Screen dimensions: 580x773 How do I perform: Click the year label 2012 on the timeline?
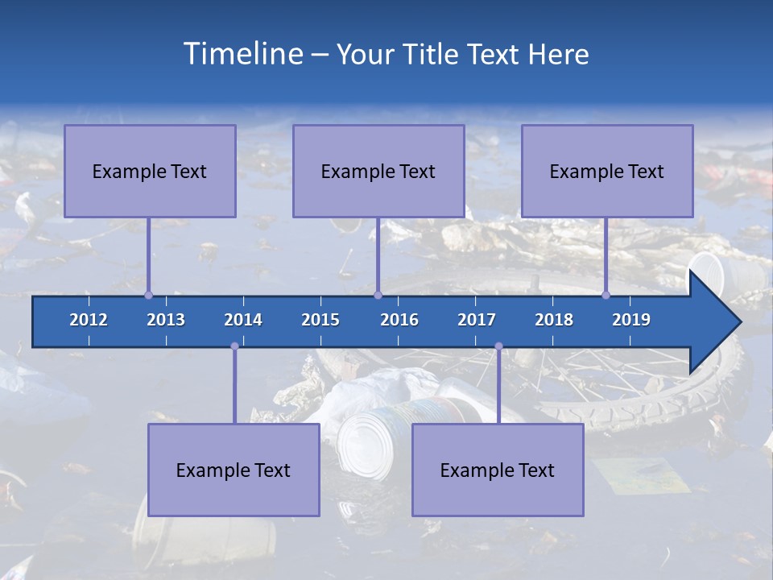tap(89, 320)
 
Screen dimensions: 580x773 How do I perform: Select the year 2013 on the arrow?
tap(166, 320)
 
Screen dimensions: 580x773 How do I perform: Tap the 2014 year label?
tap(243, 320)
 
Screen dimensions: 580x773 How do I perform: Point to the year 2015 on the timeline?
tap(320, 320)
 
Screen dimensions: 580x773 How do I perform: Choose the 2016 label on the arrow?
tap(399, 320)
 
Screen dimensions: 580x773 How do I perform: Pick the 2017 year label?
tap(477, 320)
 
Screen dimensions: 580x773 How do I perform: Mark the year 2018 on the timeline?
tap(554, 320)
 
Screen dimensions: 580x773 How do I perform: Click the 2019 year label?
tap(631, 320)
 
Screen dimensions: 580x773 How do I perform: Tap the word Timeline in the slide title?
tap(243, 54)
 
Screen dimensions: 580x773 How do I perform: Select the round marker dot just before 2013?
tap(148, 295)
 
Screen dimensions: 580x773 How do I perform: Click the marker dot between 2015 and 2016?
tap(378, 295)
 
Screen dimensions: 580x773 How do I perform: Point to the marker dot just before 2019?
tap(606, 295)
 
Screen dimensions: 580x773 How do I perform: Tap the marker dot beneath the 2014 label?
tap(234, 346)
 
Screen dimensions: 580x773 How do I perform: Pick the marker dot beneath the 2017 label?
tap(498, 346)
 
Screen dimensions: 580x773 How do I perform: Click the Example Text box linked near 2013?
tap(150, 171)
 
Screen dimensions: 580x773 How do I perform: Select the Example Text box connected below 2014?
tap(234, 470)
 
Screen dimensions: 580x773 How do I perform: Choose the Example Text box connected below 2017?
tap(498, 470)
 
